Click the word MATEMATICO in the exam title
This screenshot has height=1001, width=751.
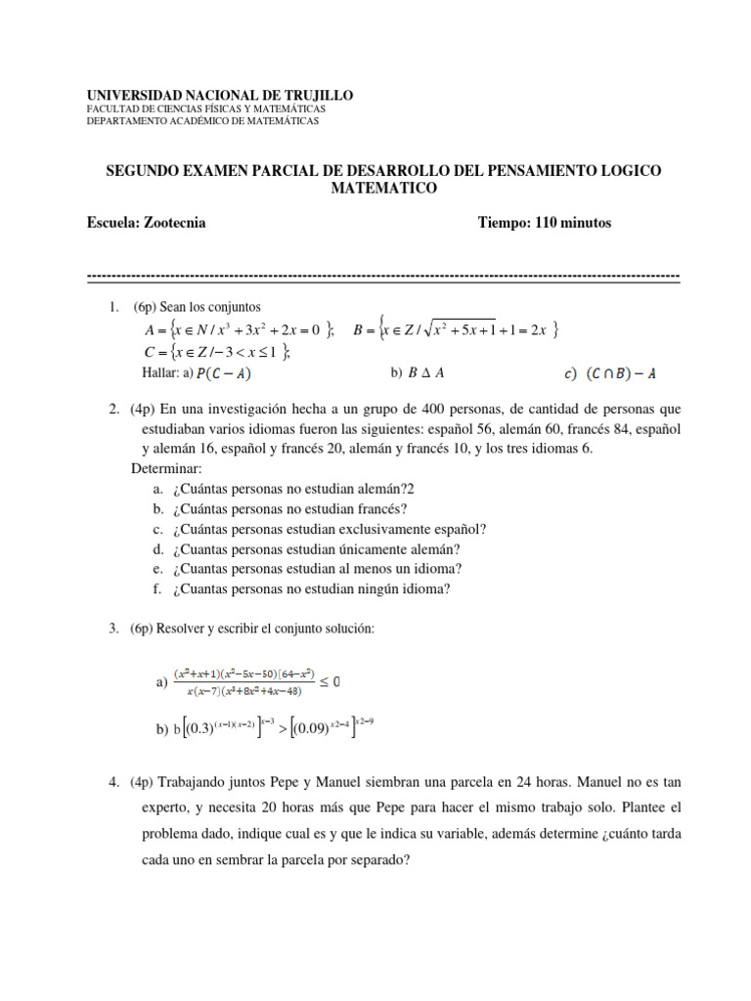(x=382, y=188)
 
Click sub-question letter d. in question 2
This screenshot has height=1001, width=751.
(x=158, y=549)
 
